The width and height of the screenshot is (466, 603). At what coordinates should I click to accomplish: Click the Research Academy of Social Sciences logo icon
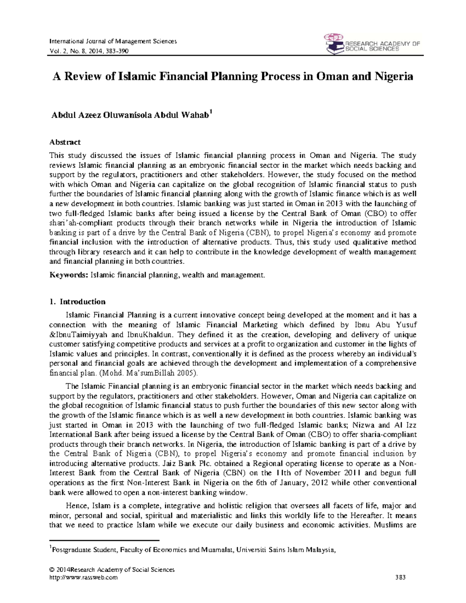(x=334, y=43)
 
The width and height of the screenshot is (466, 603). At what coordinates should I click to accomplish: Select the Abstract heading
(x=65, y=142)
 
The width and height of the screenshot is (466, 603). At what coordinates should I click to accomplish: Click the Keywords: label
(x=69, y=275)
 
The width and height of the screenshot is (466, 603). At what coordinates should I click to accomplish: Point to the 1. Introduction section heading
(x=77, y=302)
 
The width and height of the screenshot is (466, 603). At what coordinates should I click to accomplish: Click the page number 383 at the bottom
(x=400, y=577)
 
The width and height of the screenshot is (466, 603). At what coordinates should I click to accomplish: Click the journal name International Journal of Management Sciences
(x=113, y=41)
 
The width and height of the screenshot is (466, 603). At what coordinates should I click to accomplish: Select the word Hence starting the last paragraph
(x=77, y=506)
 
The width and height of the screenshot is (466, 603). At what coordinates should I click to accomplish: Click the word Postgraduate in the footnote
(x=70, y=550)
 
